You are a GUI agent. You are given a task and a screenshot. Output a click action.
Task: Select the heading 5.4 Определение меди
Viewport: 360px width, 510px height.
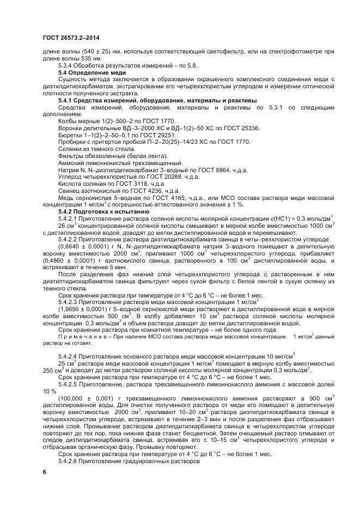92,72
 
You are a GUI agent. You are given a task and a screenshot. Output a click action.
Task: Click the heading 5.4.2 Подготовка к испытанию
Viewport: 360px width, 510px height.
102,210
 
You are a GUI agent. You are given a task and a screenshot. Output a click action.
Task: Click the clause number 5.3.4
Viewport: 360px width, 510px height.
68,65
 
